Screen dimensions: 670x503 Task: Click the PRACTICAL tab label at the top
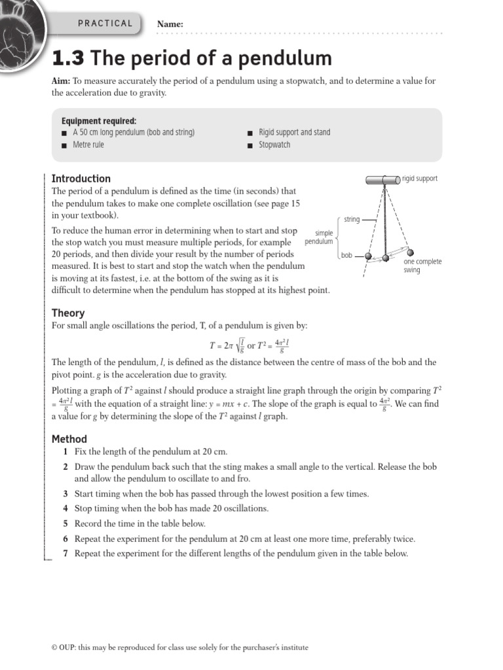coord(105,24)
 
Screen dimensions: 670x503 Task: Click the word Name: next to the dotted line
coord(170,24)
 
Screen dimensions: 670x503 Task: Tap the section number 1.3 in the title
coord(69,59)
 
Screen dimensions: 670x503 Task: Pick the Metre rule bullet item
coord(88,145)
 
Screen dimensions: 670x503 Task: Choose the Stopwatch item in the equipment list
coord(274,145)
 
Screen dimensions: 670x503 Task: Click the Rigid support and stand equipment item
coord(295,132)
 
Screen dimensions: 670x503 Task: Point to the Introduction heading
coord(81,179)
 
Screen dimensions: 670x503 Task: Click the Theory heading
coord(68,313)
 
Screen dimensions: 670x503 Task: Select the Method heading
coord(69,439)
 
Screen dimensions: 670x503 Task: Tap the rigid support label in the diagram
coord(420,179)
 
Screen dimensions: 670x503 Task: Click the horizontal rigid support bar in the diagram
coord(383,179)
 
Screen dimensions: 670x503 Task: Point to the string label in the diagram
coord(352,219)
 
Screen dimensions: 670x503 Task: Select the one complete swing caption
coord(422,266)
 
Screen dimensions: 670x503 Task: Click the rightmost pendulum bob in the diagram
coord(409,253)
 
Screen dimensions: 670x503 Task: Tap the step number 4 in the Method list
coord(65,508)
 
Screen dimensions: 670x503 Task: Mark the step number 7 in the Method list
coord(65,554)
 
